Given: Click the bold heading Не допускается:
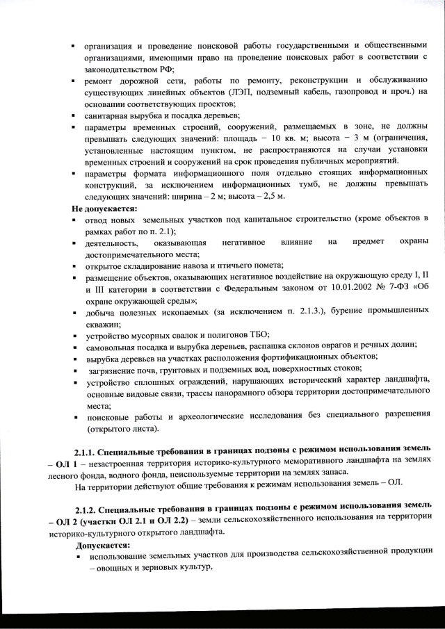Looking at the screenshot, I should click(105, 208).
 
